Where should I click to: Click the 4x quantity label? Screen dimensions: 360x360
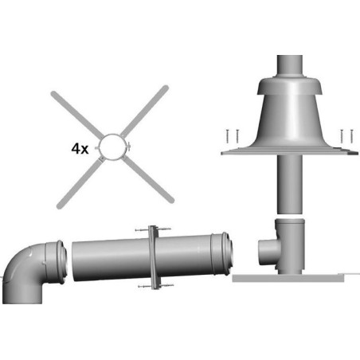coord(80,149)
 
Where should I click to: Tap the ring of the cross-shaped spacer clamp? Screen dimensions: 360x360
coord(112,135)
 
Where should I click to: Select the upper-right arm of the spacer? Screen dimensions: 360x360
coord(144,110)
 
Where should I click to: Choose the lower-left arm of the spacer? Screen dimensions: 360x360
coord(80,182)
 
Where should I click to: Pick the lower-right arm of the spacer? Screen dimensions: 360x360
coord(149,179)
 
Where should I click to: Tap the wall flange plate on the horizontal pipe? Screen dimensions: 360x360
coord(154,257)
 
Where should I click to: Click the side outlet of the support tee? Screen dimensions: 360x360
coord(268,252)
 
